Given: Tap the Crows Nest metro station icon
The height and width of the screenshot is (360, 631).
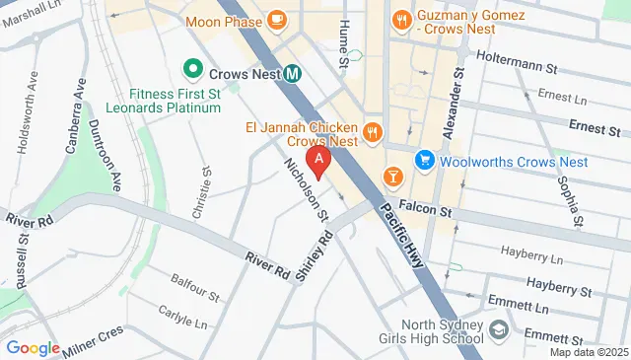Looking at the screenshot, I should (294, 72).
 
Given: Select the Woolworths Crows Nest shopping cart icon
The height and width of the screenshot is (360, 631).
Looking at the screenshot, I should (425, 160).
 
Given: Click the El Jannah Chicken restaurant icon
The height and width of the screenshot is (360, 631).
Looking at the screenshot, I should (372, 131).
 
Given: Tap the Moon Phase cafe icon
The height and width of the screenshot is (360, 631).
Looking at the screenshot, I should (276, 18).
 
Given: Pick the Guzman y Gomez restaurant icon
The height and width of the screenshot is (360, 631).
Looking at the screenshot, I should (401, 18).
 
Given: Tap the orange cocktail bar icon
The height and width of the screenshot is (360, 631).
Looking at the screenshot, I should (393, 176).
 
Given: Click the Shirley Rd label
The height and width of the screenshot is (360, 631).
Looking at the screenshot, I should (313, 256).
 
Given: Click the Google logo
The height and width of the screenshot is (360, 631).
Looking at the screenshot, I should (33, 347).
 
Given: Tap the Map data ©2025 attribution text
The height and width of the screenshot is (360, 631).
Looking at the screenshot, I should (588, 352).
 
